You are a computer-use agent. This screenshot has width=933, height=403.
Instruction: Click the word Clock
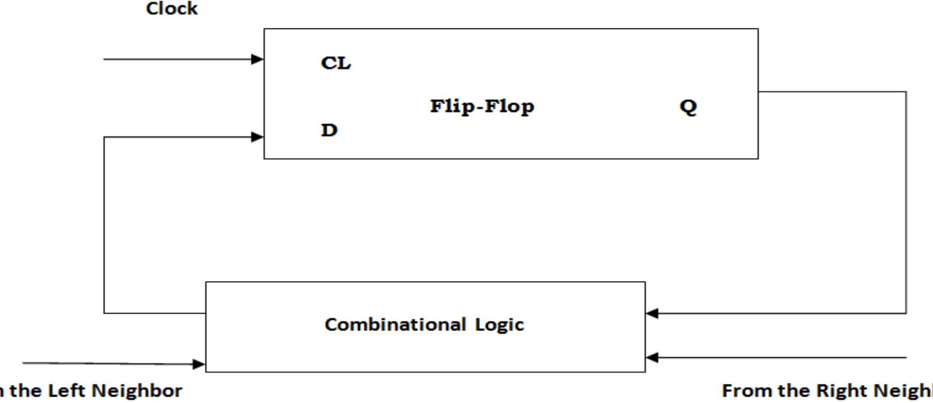[x=171, y=9]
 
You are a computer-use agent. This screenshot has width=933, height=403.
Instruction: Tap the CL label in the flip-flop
[x=335, y=63]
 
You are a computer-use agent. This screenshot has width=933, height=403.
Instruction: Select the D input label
[x=329, y=130]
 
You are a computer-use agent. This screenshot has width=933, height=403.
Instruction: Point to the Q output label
[x=688, y=107]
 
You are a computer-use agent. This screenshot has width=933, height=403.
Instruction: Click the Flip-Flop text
[x=482, y=106]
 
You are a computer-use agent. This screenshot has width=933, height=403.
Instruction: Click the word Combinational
[x=395, y=324]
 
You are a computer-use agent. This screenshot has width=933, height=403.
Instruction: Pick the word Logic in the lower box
[x=500, y=325]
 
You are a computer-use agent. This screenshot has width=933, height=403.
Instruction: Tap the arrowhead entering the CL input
[x=257, y=59]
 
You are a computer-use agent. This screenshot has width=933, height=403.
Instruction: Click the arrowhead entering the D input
[x=257, y=137]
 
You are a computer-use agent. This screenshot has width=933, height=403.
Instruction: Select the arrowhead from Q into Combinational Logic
[x=652, y=313]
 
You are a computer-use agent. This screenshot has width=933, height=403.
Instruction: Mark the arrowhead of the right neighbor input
[x=652, y=357]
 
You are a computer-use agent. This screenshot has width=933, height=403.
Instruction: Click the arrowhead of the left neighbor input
[x=199, y=364]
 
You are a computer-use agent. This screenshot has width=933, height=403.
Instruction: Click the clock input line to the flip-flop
[x=174, y=59]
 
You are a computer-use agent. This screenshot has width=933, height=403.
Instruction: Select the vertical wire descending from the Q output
[x=906, y=203]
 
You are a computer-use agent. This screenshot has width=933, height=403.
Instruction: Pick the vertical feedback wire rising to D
[x=104, y=226]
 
